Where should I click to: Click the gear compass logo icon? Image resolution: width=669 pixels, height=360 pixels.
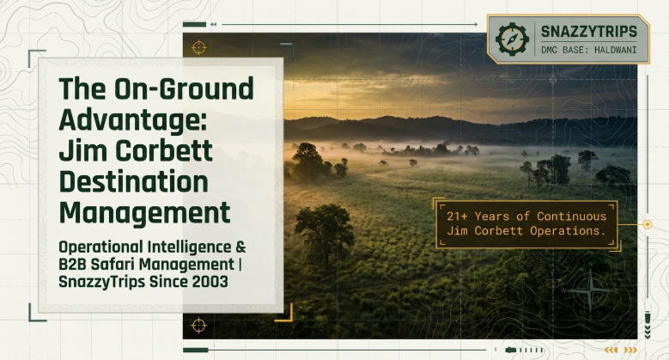point(512,40)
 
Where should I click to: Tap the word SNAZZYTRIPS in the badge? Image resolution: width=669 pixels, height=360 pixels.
point(589,32)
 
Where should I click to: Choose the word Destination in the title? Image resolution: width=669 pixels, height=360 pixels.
point(134,181)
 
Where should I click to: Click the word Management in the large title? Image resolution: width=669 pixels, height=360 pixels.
point(144,213)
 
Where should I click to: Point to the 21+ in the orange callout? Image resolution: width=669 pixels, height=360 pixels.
point(457,216)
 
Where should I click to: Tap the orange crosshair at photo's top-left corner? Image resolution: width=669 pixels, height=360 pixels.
point(199,47)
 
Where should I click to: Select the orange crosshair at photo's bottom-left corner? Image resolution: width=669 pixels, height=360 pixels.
point(199,326)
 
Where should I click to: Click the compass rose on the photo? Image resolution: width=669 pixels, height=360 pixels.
point(590,290)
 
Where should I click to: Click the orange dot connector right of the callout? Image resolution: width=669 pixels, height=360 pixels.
point(648,224)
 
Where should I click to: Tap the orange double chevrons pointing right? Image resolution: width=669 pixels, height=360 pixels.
point(630,351)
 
